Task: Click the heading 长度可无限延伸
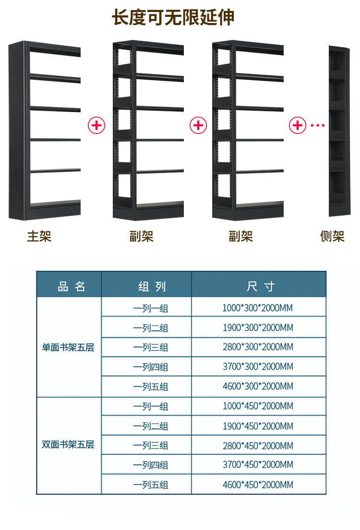coord(173,18)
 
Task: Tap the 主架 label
coord(39,236)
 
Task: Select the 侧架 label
coord(332,236)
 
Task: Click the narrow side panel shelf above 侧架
coord(338,132)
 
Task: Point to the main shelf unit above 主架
coord(44,131)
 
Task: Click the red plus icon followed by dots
coord(298,126)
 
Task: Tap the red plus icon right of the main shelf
coord(96,126)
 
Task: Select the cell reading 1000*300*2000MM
coord(257,308)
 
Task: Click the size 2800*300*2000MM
coord(257,347)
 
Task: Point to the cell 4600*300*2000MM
coord(257,386)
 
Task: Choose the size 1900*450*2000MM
coord(257,426)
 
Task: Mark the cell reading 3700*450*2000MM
coord(257,465)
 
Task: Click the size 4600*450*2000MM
coord(257,484)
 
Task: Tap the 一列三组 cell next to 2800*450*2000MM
coord(151,446)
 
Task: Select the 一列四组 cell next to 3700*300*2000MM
coord(151,367)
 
